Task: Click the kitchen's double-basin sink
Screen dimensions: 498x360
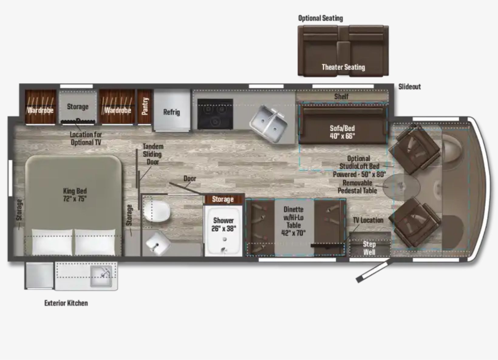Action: pyautogui.click(x=269, y=124)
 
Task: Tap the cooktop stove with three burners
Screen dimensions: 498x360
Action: pyautogui.click(x=215, y=114)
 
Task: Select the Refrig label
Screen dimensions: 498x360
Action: pyautogui.click(x=171, y=112)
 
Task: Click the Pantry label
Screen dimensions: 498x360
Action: pyautogui.click(x=145, y=106)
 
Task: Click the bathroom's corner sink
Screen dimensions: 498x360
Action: pyautogui.click(x=158, y=243)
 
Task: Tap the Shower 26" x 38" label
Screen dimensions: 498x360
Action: pyautogui.click(x=223, y=225)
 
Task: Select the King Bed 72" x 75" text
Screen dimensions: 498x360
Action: pyautogui.click(x=75, y=195)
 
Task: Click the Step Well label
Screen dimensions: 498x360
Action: pyautogui.click(x=369, y=248)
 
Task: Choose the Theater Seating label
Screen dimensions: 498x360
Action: pyautogui.click(x=343, y=67)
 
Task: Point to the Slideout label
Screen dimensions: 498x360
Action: pyautogui.click(x=410, y=87)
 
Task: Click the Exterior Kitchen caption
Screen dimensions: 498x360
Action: pyautogui.click(x=66, y=303)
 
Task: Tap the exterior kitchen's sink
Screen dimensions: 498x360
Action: pyautogui.click(x=101, y=276)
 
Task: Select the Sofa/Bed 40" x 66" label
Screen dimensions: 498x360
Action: pyautogui.click(x=343, y=132)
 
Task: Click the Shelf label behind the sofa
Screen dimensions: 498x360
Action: pyautogui.click(x=341, y=97)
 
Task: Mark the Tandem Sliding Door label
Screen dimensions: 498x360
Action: pyautogui.click(x=153, y=154)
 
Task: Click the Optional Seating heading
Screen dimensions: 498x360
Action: pyautogui.click(x=320, y=18)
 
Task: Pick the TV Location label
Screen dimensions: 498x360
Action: pyautogui.click(x=368, y=220)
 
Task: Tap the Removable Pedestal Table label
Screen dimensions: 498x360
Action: pyautogui.click(x=357, y=187)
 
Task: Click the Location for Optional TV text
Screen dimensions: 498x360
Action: pyautogui.click(x=86, y=138)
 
